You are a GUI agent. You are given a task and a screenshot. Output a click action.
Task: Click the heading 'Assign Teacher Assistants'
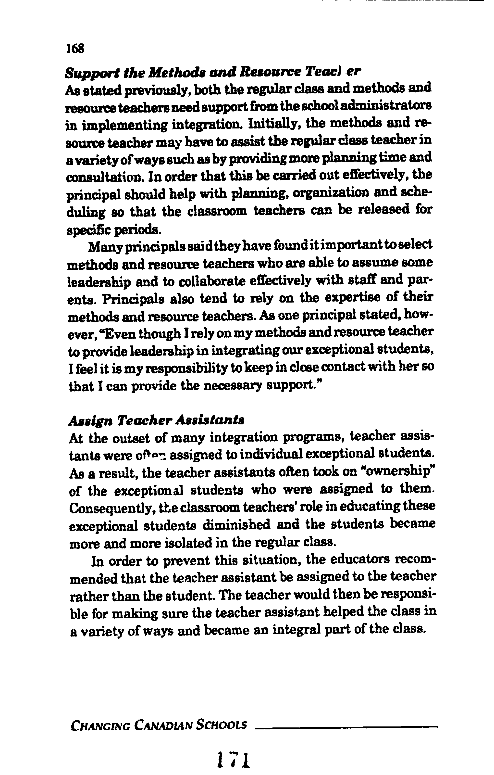[156, 420]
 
